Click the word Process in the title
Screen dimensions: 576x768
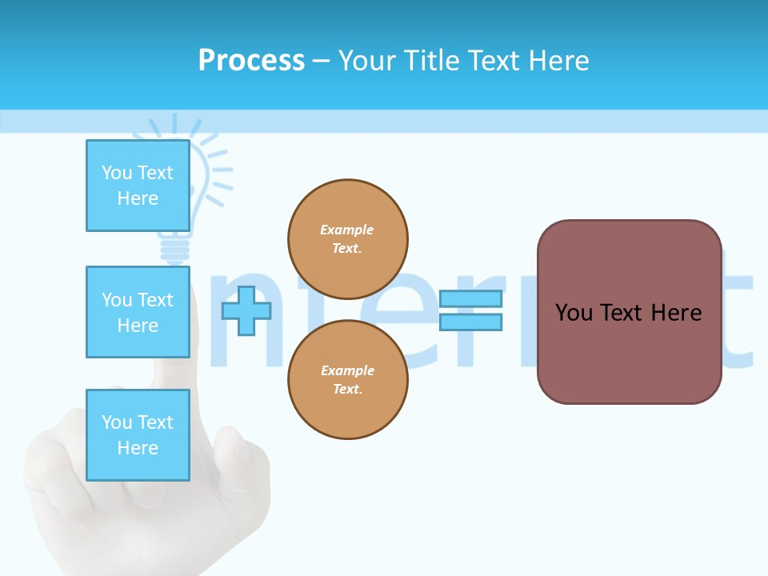(251, 61)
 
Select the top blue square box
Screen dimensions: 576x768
(138, 186)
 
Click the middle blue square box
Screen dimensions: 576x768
(138, 312)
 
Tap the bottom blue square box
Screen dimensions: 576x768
(138, 435)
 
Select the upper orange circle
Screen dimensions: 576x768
(348, 238)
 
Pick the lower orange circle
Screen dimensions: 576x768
(348, 379)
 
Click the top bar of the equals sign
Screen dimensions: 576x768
(470, 298)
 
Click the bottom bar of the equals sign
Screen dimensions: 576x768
(470, 322)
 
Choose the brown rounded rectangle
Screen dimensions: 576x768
(630, 352)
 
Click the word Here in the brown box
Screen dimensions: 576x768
(676, 313)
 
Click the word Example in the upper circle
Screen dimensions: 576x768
(347, 230)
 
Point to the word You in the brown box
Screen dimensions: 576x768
(573, 313)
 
